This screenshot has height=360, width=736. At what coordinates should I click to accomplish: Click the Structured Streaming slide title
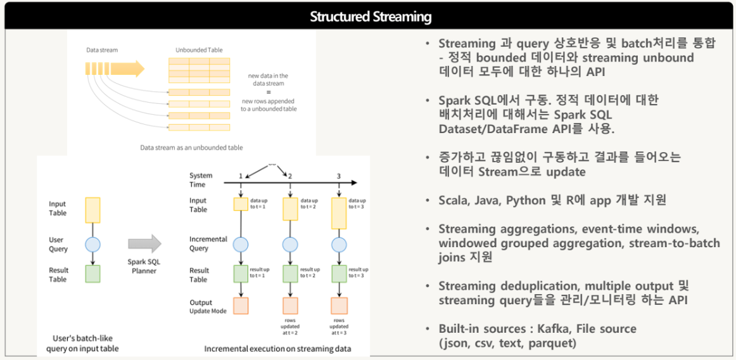371,16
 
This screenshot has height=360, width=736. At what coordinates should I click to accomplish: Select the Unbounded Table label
199,49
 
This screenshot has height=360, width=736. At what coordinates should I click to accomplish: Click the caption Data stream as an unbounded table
191,147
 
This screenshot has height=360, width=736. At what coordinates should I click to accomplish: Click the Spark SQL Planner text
145,266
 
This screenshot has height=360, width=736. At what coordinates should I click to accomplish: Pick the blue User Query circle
92,244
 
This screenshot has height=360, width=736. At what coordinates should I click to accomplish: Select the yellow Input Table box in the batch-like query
92,209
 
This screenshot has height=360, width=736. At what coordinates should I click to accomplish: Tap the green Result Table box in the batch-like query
92,274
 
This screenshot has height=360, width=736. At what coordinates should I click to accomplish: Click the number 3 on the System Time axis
338,176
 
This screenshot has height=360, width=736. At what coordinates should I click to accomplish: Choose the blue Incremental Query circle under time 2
289,244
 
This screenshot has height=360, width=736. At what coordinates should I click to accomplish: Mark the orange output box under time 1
241,305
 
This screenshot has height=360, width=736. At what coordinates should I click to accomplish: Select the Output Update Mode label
208,307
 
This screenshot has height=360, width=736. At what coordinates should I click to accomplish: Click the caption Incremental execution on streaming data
277,349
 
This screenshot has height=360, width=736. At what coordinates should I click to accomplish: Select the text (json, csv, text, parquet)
507,344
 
